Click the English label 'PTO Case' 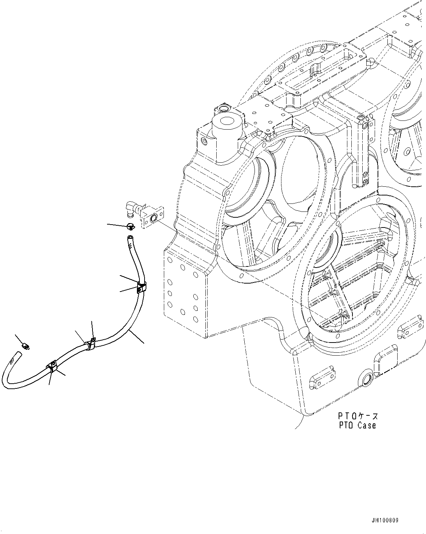click(x=357, y=425)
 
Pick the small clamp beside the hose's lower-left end click(x=26, y=345)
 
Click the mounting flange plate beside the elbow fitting click(x=153, y=218)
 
